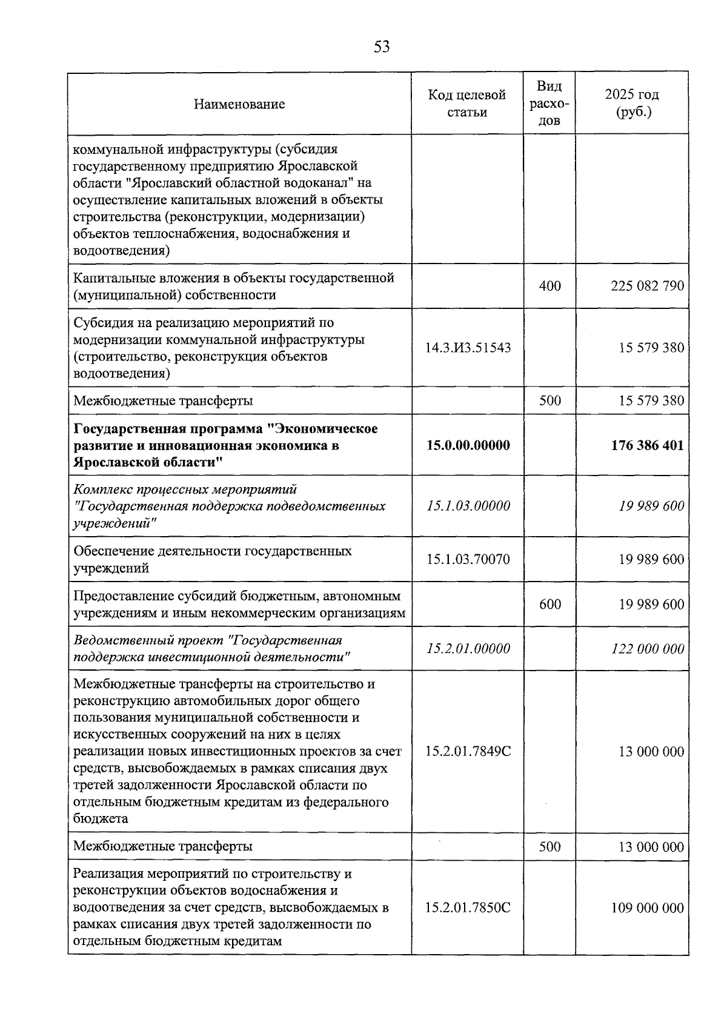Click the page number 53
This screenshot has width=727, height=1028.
coord(382,47)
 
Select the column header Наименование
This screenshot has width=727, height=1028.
coord(239,104)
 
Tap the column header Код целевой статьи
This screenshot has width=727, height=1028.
coord(467,104)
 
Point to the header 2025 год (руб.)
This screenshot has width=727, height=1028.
coord(632,104)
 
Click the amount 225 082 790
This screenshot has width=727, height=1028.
coord(647,286)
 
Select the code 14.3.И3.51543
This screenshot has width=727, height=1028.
coord(468,348)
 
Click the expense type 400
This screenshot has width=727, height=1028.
coord(549,286)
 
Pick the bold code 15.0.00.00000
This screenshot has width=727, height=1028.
coord(468,445)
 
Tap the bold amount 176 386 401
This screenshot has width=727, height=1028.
coord(647,445)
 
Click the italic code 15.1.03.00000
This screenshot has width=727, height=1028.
coord(468,506)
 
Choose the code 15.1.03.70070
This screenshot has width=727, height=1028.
coord(468,559)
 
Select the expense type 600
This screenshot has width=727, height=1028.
coord(549,604)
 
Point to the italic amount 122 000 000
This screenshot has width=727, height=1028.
coord(647,649)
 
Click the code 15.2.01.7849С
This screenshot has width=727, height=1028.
coord(468,752)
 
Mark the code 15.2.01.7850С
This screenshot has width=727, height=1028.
coord(468,908)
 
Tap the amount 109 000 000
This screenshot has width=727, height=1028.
coord(647,908)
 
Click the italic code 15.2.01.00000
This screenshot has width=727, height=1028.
coord(468,649)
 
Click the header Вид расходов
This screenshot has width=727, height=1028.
coord(549,104)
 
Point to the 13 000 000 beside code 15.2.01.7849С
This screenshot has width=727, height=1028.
coord(651,752)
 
